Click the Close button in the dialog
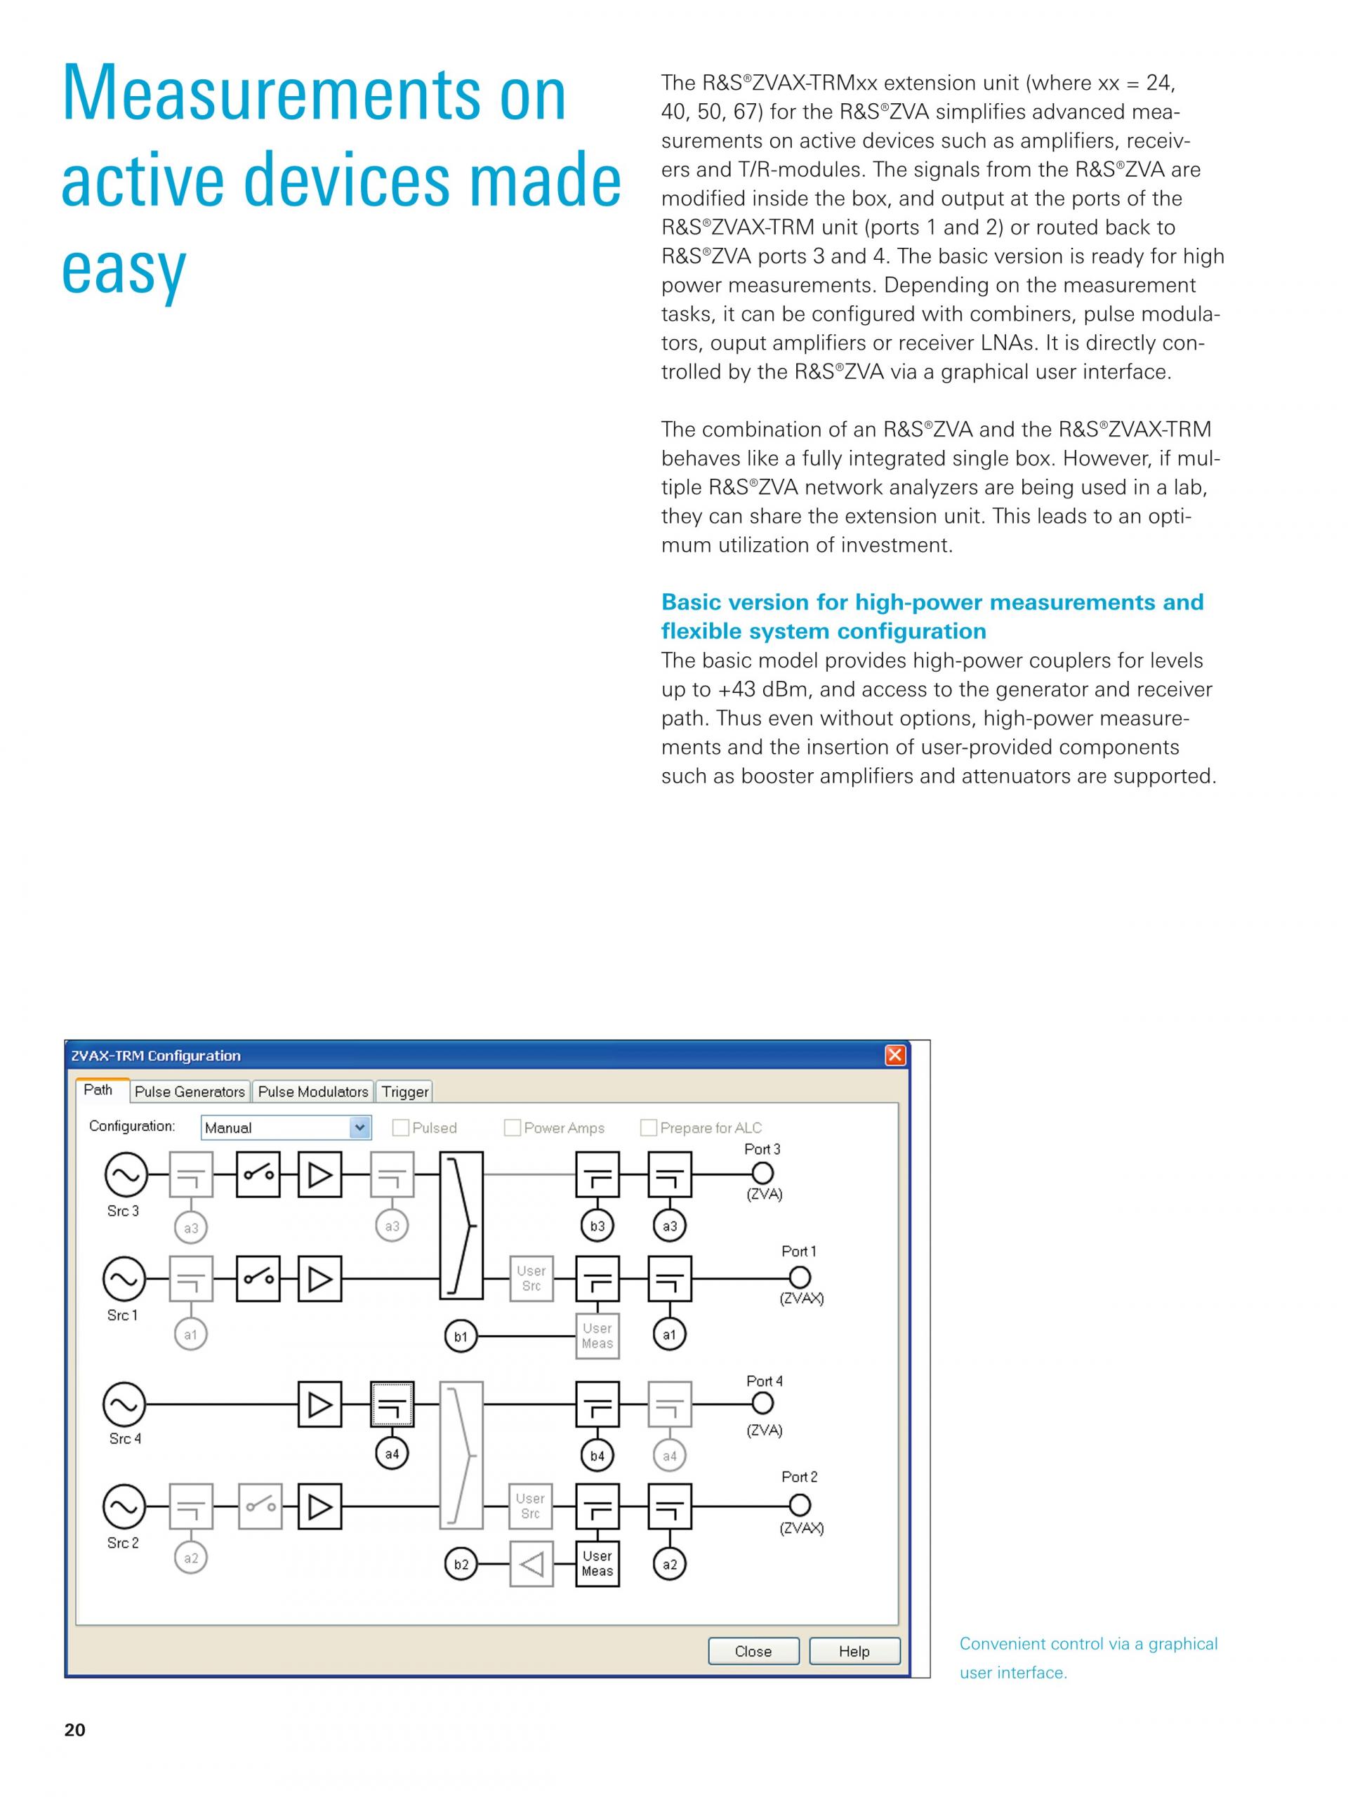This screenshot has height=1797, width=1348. [x=753, y=1651]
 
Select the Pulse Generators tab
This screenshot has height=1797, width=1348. [x=190, y=1091]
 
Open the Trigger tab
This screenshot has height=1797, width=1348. [x=404, y=1091]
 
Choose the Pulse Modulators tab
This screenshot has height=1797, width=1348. [x=313, y=1091]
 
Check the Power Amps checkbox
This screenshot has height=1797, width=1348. [x=512, y=1127]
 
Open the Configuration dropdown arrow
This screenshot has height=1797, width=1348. [x=360, y=1127]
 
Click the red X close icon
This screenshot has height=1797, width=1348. [x=894, y=1055]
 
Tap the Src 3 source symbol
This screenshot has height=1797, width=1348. [x=126, y=1174]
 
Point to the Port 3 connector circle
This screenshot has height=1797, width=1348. [x=762, y=1173]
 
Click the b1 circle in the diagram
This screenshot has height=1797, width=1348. [x=461, y=1337]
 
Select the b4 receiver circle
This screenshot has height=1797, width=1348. [x=597, y=1455]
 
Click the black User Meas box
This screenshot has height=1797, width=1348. [x=597, y=1563]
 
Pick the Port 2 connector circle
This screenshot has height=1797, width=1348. [x=800, y=1506]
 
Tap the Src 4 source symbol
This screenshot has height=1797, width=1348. [x=124, y=1405]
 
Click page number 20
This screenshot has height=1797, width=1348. [x=74, y=1730]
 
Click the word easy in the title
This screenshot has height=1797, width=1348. [x=124, y=268]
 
